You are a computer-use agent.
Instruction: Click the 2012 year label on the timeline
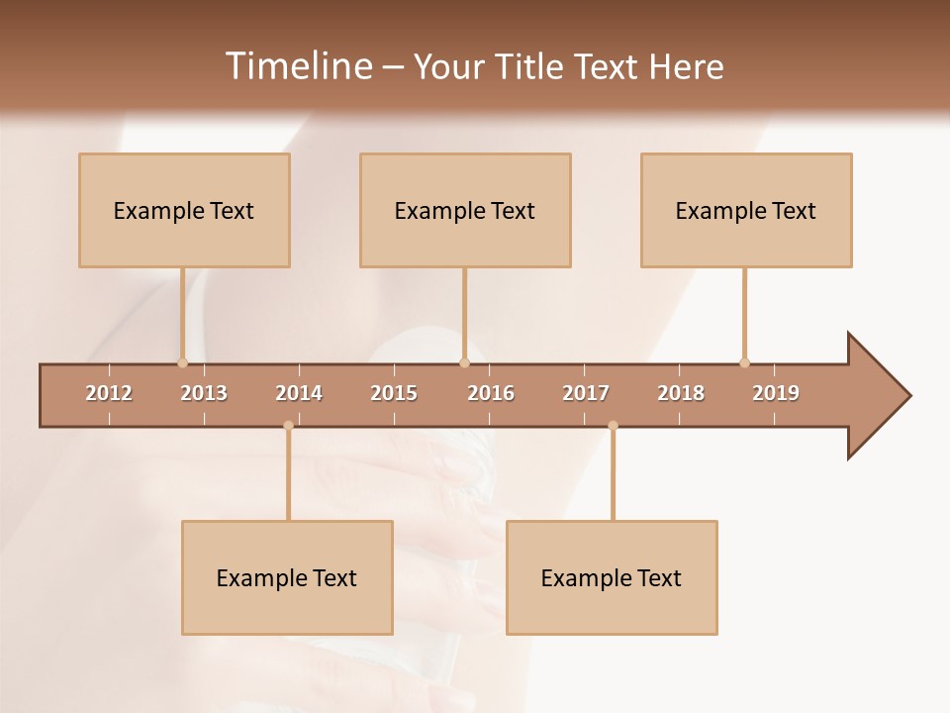pyautogui.click(x=109, y=393)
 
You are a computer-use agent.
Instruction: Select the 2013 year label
pyautogui.click(x=204, y=393)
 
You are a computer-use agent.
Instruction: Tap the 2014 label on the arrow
pyautogui.click(x=299, y=393)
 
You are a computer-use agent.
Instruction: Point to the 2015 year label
pyautogui.click(x=394, y=393)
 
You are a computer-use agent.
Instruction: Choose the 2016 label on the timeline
pyautogui.click(x=491, y=393)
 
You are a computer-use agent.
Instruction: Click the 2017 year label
pyautogui.click(x=586, y=393)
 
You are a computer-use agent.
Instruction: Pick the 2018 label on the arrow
pyautogui.click(x=681, y=393)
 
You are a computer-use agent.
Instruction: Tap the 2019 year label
pyautogui.click(x=776, y=393)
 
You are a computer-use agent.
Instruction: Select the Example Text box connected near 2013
pyautogui.click(x=184, y=210)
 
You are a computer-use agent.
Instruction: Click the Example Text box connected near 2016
pyautogui.click(x=465, y=210)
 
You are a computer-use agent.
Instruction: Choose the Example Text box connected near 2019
pyautogui.click(x=746, y=210)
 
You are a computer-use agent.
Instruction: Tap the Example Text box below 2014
pyautogui.click(x=287, y=577)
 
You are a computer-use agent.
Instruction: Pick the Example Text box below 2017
pyautogui.click(x=612, y=577)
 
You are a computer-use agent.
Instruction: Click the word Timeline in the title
pyautogui.click(x=297, y=66)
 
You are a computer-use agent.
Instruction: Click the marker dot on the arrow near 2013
pyautogui.click(x=182, y=362)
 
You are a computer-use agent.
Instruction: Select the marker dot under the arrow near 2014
pyautogui.click(x=288, y=426)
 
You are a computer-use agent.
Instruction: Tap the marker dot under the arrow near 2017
pyautogui.click(x=613, y=426)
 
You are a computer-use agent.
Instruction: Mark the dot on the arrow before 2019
pyautogui.click(x=744, y=362)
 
